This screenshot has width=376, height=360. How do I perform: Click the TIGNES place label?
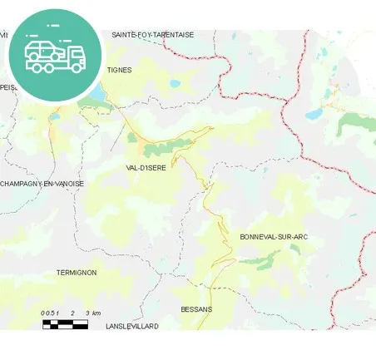119,70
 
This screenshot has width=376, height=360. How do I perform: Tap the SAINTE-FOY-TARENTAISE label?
152,35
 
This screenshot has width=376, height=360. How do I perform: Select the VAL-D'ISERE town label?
146,167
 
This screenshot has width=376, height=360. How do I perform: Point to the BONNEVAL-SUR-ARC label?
274,237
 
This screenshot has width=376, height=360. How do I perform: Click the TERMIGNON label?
76,273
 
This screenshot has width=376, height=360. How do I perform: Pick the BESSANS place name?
196,309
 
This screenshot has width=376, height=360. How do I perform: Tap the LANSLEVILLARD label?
132,327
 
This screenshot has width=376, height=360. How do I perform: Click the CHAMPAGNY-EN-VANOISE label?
42,184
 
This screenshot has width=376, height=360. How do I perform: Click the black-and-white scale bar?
65,324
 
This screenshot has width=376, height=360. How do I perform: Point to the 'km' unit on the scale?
96,313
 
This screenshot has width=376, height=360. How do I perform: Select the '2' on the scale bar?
73,313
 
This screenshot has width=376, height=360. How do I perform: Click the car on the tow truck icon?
42,51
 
